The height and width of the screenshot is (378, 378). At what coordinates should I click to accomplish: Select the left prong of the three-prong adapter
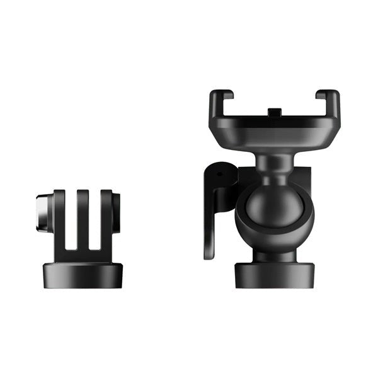point(59,217)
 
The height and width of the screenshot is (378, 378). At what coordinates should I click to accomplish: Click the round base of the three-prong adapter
point(82,275)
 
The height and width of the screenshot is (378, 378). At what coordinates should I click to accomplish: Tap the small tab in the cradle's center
point(274,113)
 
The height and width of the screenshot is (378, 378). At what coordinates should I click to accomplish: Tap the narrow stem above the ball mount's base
point(275,256)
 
